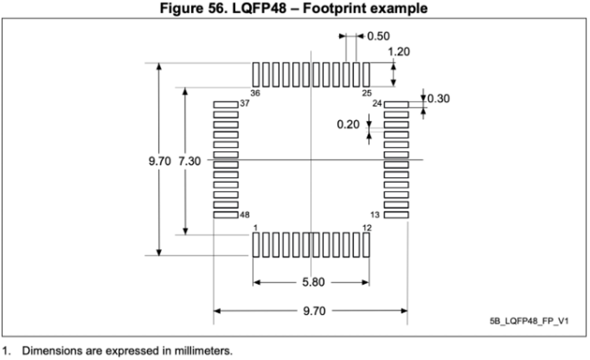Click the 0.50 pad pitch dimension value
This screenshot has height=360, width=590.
click(x=378, y=36)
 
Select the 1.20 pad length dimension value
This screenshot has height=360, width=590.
click(x=399, y=52)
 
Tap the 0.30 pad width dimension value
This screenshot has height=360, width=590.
click(x=438, y=99)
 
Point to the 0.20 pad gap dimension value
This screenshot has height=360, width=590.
click(x=348, y=124)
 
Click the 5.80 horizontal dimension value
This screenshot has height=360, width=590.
click(x=313, y=282)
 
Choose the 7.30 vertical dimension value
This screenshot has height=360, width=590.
click(x=190, y=161)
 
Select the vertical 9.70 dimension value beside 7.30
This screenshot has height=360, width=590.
click(x=160, y=161)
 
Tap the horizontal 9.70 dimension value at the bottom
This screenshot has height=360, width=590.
click(x=314, y=311)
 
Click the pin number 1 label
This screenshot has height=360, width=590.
click(x=255, y=228)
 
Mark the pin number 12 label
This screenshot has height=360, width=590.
click(x=367, y=228)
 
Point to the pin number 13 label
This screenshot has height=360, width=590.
click(x=375, y=215)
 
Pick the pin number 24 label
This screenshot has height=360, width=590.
click(x=377, y=104)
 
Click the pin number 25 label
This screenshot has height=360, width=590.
click(x=367, y=93)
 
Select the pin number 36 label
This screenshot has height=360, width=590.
click(x=255, y=93)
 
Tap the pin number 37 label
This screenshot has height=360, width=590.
click(x=245, y=104)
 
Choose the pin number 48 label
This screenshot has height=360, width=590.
click(x=245, y=215)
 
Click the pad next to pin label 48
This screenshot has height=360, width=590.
click(x=226, y=215)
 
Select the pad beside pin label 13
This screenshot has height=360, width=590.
click(x=396, y=215)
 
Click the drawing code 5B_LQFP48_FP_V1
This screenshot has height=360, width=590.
click(x=529, y=321)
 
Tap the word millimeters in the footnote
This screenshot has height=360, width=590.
click(x=203, y=351)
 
